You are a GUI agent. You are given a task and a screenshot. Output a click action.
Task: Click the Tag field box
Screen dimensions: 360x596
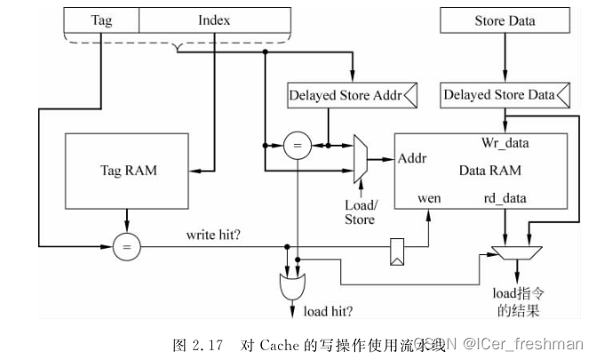click(x=102, y=20)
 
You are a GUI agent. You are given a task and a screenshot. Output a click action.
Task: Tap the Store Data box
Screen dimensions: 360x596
click(x=504, y=20)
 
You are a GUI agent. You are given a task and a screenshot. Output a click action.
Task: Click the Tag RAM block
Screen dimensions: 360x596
click(x=127, y=171)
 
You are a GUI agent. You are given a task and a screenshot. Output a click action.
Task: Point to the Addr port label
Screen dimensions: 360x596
click(x=413, y=159)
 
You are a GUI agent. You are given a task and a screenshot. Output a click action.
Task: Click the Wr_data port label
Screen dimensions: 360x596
click(x=504, y=143)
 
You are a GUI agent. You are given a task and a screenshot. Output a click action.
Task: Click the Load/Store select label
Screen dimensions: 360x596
click(x=360, y=212)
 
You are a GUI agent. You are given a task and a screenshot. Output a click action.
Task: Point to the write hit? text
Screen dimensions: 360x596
click(x=216, y=236)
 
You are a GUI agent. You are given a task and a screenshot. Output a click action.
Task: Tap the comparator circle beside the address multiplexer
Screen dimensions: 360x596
click(x=297, y=145)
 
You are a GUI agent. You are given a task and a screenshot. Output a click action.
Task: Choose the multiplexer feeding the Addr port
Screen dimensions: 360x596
click(x=359, y=160)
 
